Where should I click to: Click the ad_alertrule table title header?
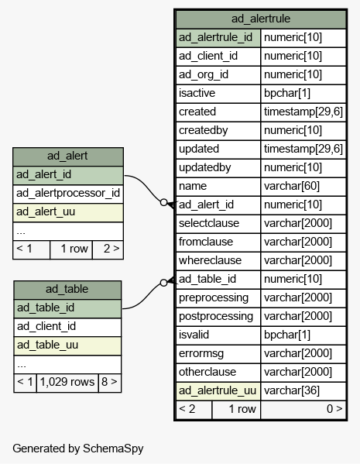coord(261,19)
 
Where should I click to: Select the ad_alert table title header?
coord(67,156)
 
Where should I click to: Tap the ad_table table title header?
coord(67,290)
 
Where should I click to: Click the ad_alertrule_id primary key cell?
coord(218,38)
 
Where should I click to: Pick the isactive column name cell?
coord(218,94)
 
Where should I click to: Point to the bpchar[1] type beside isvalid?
coord(303,335)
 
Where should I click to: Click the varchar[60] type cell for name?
coord(303,187)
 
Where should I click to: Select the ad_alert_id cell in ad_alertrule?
coord(218,205)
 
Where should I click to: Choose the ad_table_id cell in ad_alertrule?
coord(218,280)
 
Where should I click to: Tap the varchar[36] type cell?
coord(303,391)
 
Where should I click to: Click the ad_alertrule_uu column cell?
coord(218,391)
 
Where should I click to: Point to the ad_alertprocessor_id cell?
coord(67,194)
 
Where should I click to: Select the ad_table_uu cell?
coord(67,345)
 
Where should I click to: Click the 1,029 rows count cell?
coord(67,383)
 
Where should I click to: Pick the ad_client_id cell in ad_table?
coord(67,327)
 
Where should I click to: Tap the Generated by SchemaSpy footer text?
coord(78,449)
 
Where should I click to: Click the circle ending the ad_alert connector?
coord(163,202)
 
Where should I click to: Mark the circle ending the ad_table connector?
coord(163,283)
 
